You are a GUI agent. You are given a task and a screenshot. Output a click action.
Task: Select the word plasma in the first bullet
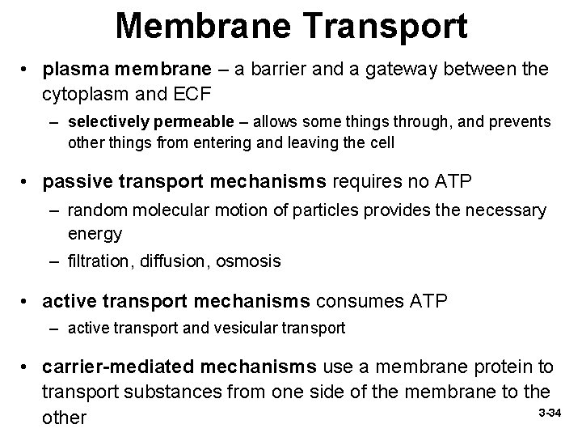(72, 70)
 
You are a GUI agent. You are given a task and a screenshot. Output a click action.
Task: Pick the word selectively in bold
(103, 122)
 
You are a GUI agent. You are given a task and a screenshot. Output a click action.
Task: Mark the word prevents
(521, 122)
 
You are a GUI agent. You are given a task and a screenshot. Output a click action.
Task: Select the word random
(97, 211)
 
